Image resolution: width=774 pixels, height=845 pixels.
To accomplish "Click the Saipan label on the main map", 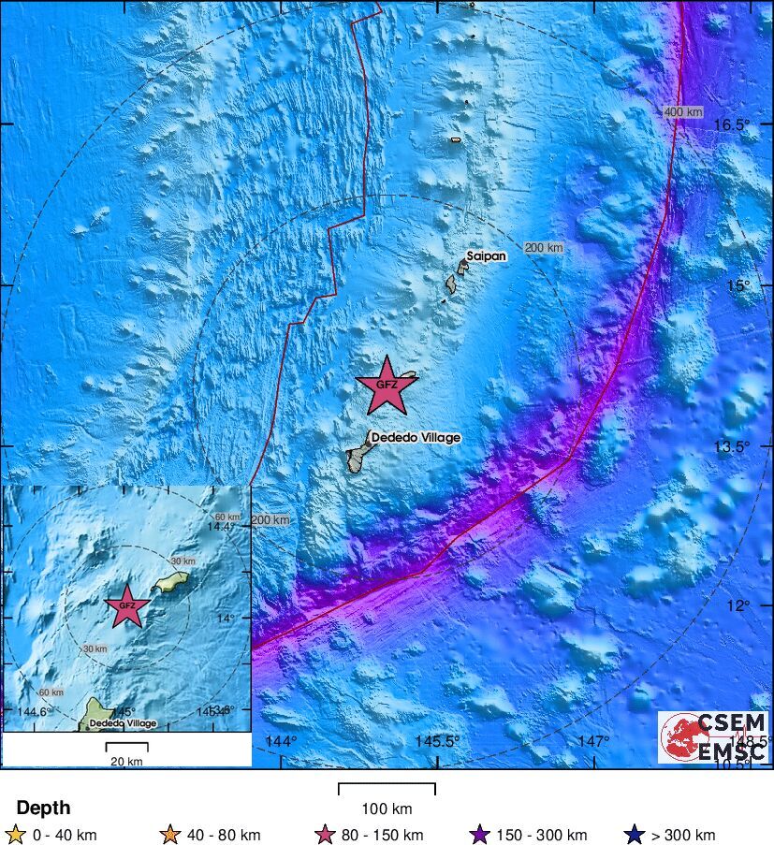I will (486, 255).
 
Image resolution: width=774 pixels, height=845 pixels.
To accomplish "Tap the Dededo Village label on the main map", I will (416, 437).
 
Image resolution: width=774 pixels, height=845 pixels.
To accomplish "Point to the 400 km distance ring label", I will (682, 112).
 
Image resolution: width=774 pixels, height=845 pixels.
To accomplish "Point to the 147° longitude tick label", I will (592, 741).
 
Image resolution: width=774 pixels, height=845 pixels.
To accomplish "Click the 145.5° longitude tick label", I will (436, 741).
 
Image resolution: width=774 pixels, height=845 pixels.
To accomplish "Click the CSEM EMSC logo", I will (714, 736).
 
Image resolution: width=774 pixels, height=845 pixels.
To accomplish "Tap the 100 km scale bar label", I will (387, 809).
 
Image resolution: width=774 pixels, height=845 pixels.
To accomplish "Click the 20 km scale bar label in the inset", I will (126, 761).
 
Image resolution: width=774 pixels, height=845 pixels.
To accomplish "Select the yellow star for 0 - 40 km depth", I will (15, 835).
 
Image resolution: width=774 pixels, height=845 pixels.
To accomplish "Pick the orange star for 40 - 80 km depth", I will (170, 835).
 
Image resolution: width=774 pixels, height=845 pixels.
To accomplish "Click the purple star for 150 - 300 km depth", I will (480, 835).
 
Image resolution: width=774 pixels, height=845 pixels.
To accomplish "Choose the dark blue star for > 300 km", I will (635, 835).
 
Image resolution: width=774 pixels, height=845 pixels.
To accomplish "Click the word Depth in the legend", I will (43, 808).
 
